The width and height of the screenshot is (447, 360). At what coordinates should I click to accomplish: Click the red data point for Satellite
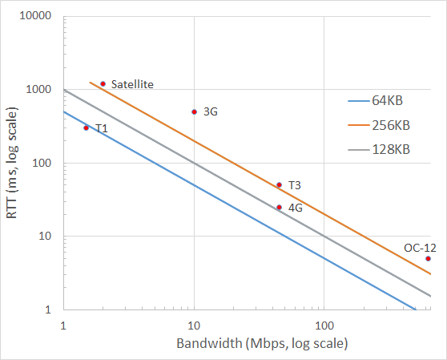(103, 83)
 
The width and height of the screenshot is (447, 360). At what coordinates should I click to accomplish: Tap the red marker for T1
(87, 127)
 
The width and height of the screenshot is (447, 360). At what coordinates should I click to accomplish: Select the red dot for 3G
(194, 111)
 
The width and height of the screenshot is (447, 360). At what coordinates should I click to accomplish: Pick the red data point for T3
(279, 184)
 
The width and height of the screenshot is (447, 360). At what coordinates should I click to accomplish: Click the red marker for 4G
(279, 207)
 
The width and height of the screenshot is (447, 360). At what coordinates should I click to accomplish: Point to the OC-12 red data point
(428, 258)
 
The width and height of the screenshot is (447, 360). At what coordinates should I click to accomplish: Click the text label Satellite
(132, 84)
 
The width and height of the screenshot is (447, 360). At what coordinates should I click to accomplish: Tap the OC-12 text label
(420, 247)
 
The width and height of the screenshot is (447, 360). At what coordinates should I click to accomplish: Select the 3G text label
(211, 112)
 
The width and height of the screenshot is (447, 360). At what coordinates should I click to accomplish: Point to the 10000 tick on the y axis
(37, 17)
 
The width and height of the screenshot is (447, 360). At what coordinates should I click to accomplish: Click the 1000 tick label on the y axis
(40, 90)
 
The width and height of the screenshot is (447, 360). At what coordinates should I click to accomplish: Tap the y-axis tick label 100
(43, 164)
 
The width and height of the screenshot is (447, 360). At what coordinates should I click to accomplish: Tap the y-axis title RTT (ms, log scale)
(14, 163)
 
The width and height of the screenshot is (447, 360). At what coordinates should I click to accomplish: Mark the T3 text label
(294, 185)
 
